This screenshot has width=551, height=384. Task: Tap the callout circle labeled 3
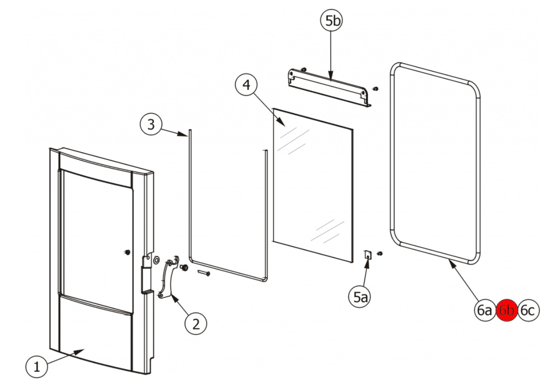[x=151, y=125]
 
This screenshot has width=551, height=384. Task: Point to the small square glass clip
[x=368, y=255]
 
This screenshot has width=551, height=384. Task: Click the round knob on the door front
[x=127, y=252]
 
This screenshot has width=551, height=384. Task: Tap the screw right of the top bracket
[x=375, y=89]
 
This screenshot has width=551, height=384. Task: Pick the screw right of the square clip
[x=380, y=254]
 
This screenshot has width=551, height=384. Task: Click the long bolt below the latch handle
[x=204, y=273]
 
